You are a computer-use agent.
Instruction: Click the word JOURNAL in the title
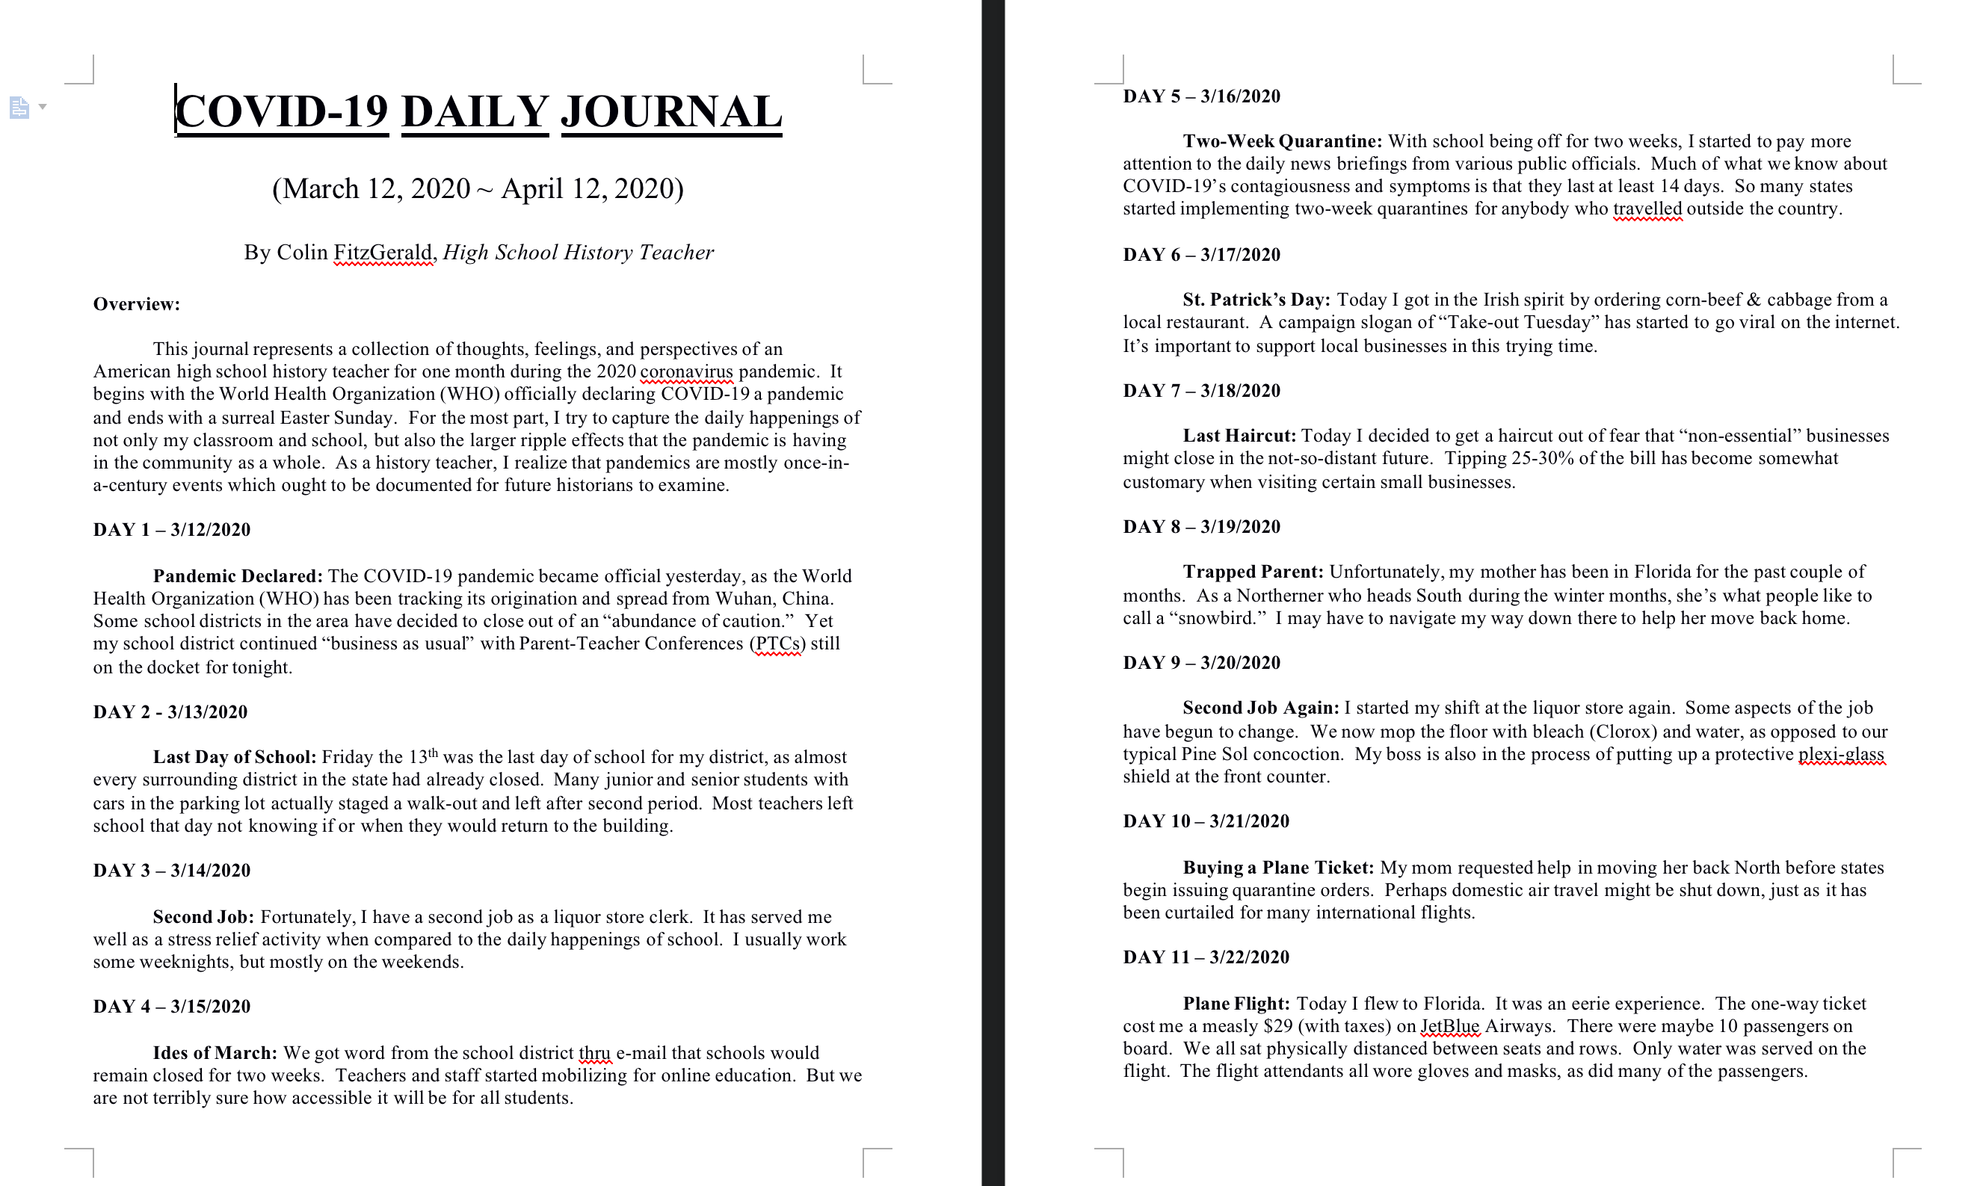click(x=671, y=112)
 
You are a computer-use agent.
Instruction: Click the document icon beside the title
click(x=19, y=107)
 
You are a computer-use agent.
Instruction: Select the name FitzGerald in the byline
click(x=383, y=253)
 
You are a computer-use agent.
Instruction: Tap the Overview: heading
click(x=137, y=303)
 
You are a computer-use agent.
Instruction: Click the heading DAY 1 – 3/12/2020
click(x=172, y=530)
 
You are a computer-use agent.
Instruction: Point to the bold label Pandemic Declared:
click(x=238, y=576)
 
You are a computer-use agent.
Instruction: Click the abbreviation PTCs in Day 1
click(x=777, y=643)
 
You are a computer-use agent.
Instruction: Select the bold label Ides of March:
click(x=215, y=1052)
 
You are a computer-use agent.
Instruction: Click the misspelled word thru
click(x=594, y=1052)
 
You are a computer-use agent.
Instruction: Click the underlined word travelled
click(x=1647, y=209)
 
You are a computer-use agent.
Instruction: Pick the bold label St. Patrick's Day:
click(x=1256, y=300)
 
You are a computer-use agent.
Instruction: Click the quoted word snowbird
click(x=1222, y=618)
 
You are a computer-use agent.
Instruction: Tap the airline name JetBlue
click(x=1450, y=1026)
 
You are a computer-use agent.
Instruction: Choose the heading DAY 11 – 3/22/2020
click(x=1206, y=957)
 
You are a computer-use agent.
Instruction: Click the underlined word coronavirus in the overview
click(x=685, y=371)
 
